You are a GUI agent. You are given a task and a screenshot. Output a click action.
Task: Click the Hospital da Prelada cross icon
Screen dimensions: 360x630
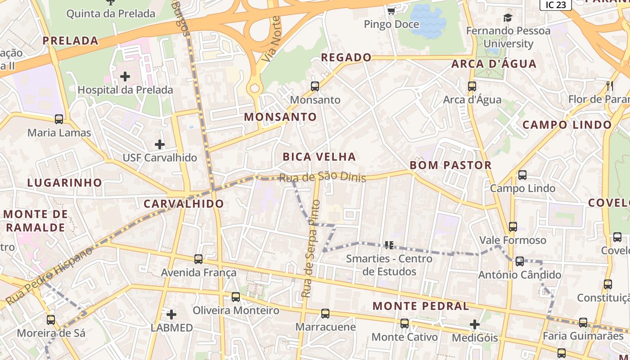point(125,76)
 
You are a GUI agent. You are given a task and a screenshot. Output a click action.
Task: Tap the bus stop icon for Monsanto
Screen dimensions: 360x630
point(315,86)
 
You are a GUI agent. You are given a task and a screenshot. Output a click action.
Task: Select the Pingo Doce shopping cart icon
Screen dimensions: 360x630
point(391,10)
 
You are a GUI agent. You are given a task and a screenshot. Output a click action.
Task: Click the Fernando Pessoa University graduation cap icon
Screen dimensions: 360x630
point(508,18)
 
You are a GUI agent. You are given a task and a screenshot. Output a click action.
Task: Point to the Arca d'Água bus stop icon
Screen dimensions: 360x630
point(472,86)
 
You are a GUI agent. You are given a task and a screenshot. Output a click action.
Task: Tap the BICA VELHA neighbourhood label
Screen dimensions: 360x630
point(319,157)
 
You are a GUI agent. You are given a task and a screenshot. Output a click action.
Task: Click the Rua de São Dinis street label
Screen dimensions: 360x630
point(322,177)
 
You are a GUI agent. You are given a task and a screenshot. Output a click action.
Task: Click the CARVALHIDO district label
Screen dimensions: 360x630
point(184,203)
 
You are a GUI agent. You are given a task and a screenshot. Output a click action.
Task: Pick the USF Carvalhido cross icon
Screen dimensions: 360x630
point(160,144)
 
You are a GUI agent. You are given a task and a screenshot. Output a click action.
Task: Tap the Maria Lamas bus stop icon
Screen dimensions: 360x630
point(59,119)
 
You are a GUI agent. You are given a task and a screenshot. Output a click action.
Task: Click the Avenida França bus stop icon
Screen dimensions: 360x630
point(198,259)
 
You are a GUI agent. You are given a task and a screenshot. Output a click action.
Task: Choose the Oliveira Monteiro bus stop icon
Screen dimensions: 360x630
point(236,297)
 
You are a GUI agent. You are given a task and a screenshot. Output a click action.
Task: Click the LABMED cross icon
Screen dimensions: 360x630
point(171,314)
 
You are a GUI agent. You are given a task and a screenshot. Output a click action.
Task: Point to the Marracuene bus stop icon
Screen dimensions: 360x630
point(325,313)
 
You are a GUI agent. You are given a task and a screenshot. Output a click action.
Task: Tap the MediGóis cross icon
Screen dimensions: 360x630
point(475,324)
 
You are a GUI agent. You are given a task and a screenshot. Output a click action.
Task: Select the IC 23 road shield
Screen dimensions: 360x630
point(555,4)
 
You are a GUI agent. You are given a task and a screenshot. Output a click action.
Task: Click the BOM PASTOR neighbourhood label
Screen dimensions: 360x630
point(450,165)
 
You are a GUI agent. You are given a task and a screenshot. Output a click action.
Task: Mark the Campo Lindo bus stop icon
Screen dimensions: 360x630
point(522,175)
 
